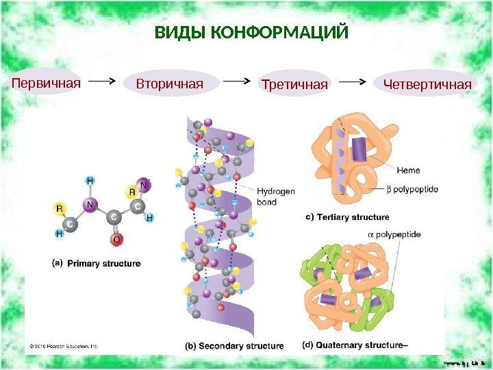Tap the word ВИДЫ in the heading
click(173, 32)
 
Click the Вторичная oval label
click(170, 84)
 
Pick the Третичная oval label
click(295, 85)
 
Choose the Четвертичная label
click(428, 84)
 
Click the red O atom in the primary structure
click(116, 240)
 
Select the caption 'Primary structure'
click(104, 263)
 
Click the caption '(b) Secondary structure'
click(233, 346)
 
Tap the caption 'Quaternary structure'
click(360, 345)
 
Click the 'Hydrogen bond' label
click(275, 197)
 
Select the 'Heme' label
click(408, 169)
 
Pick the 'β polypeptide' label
click(413, 188)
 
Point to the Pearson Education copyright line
click(64, 346)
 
